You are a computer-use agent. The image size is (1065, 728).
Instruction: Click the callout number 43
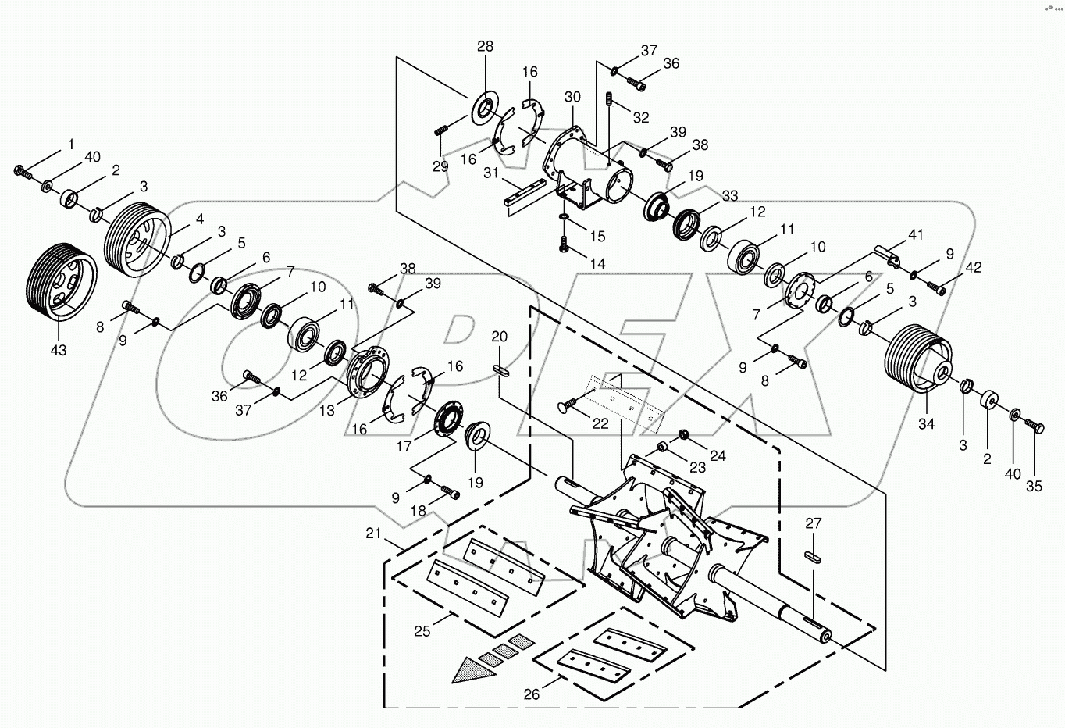(x=59, y=350)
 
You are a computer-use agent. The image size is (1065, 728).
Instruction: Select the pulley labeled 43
(x=61, y=281)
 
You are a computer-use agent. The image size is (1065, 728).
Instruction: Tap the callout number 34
(x=926, y=424)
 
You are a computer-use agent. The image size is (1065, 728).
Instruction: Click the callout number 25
(x=422, y=630)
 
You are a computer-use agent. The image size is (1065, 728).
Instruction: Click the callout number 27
(x=814, y=523)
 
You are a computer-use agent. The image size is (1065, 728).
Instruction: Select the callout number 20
(x=500, y=337)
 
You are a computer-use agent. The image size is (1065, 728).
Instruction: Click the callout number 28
(x=485, y=47)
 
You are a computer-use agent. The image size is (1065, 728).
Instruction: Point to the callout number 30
(x=572, y=97)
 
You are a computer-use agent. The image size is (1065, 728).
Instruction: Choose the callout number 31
(x=490, y=173)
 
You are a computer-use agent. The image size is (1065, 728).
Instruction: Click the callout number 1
(x=71, y=144)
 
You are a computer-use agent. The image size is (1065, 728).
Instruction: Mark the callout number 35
(x=1034, y=486)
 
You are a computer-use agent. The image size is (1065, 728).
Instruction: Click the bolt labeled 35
(x=1036, y=426)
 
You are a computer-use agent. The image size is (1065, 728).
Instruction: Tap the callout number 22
(x=600, y=423)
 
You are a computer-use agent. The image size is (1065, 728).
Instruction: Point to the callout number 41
(x=915, y=234)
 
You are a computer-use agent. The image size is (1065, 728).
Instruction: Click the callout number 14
(x=597, y=264)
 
